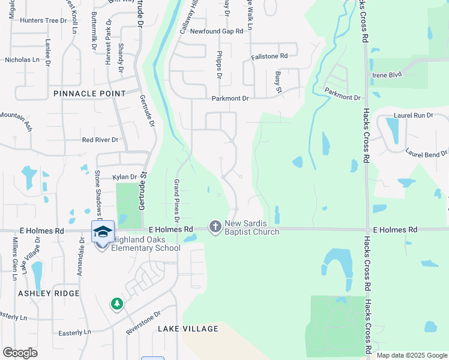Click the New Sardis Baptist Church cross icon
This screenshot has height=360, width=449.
click(x=215, y=227)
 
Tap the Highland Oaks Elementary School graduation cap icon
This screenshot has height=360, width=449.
click(x=103, y=232)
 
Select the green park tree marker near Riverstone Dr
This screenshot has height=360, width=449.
click(x=116, y=305)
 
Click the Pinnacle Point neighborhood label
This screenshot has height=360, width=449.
click(x=89, y=94)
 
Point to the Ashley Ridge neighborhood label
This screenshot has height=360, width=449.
click(x=49, y=293)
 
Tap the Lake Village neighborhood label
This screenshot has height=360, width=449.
click(x=188, y=329)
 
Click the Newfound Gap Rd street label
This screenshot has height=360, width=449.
click(x=217, y=31)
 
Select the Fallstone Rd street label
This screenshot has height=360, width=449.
click(x=270, y=56)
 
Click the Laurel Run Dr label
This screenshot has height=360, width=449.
click(x=414, y=115)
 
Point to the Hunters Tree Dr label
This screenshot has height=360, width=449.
click(x=43, y=20)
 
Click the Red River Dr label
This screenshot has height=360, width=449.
click(x=100, y=140)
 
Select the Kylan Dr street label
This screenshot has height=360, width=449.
click(x=125, y=177)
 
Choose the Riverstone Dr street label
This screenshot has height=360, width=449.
click(x=143, y=322)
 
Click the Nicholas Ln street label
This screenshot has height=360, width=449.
click(x=22, y=60)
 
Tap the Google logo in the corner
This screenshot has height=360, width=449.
click(x=20, y=353)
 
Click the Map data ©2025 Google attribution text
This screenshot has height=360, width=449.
click(x=411, y=355)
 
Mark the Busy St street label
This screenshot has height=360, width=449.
click(x=279, y=79)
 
